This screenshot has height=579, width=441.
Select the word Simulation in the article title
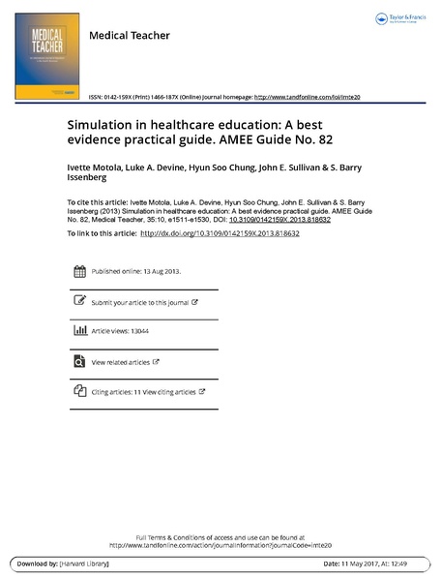(x=102, y=126)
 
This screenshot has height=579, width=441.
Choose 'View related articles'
(x=121, y=362)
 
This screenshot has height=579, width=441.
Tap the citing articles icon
(x=79, y=391)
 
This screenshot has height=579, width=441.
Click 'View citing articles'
(x=168, y=392)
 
